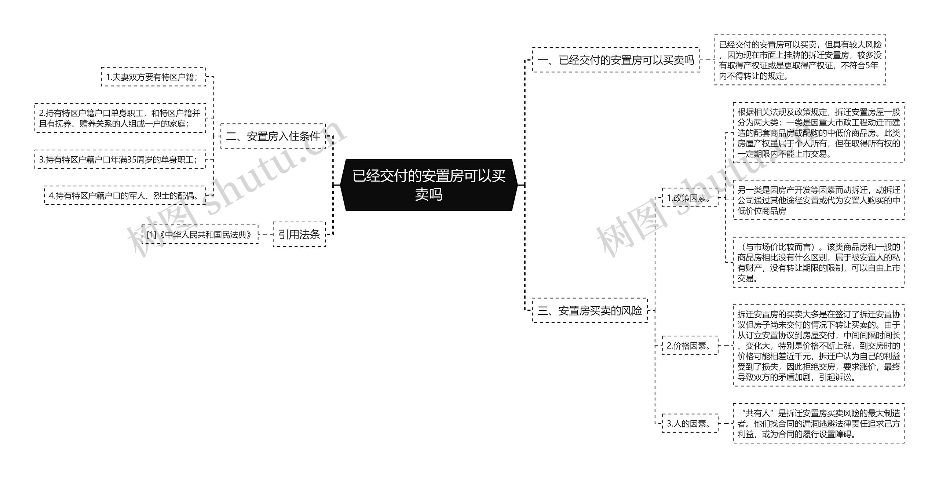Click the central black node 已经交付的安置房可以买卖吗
[429, 185]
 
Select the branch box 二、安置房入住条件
[273, 136]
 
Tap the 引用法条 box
[299, 234]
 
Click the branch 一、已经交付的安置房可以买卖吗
[615, 60]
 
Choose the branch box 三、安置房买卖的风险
[589, 311]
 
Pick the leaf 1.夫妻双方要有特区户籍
[153, 77]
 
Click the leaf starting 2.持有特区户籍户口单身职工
[120, 118]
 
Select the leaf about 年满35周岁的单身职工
[120, 160]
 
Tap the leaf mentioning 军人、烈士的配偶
[125, 196]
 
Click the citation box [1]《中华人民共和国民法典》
[200, 234]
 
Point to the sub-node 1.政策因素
[690, 198]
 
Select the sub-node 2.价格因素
[690, 346]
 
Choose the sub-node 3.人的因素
[690, 424]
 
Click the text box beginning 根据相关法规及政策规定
[818, 133]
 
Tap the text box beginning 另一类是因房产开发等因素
[818, 200]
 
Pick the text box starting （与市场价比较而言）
[818, 262]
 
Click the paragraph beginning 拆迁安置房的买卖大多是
[818, 346]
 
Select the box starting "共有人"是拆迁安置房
[818, 424]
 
